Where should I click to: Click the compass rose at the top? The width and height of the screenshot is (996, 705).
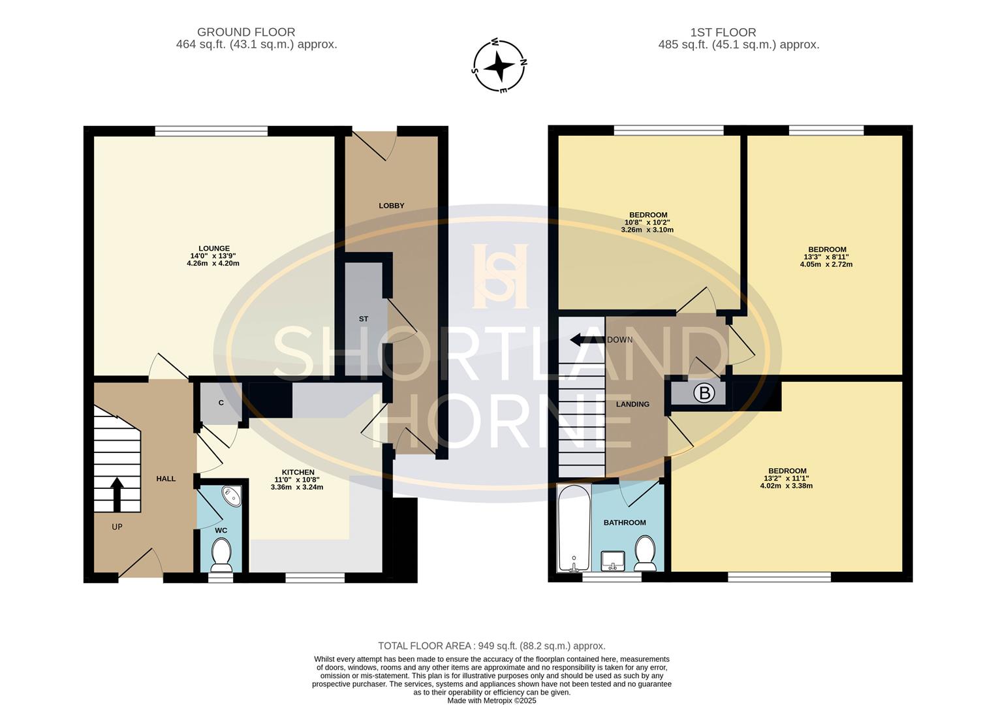tap(499, 65)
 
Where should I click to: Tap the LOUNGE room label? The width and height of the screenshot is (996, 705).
tap(214, 248)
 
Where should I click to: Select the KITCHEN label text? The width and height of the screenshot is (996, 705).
tap(298, 472)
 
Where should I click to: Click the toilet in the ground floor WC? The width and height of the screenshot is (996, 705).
tap(221, 556)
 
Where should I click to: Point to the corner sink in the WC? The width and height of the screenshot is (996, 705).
tap(232, 495)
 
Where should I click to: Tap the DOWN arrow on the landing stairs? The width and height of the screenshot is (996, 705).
tap(586, 339)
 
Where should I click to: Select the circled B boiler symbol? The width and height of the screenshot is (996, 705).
tap(704, 393)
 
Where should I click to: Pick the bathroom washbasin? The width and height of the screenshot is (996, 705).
tap(613, 560)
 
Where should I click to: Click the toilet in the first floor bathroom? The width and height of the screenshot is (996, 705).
tap(645, 552)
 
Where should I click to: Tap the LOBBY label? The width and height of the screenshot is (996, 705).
tap(392, 206)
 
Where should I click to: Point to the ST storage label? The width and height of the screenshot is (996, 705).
tap(364, 319)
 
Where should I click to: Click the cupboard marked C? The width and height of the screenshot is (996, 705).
tap(221, 403)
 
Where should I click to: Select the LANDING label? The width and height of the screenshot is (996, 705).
tap(633, 404)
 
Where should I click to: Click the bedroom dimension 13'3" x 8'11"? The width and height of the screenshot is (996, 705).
tap(826, 257)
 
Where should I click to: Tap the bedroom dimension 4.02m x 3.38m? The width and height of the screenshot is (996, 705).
tap(786, 486)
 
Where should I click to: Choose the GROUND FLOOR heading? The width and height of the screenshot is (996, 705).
tap(246, 32)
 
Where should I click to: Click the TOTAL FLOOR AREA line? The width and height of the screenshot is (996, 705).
tap(492, 646)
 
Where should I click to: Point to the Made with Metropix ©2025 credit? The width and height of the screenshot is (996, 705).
tap(491, 700)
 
